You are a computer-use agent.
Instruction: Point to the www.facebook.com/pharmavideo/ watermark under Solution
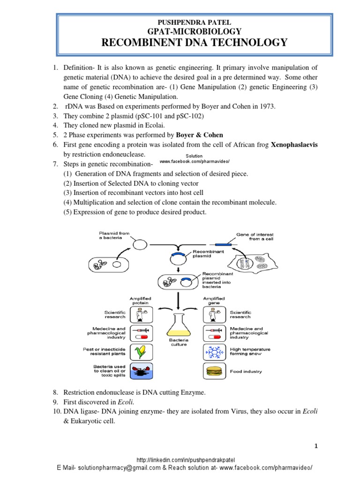(195, 161)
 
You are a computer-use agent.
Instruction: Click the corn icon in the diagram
(139, 351)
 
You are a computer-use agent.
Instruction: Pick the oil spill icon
(139, 371)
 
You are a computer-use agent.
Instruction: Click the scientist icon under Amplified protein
(139, 314)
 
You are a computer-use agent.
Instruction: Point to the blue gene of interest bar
(223, 244)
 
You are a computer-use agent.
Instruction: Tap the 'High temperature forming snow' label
(250, 352)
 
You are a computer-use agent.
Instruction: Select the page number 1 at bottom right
(316, 446)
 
